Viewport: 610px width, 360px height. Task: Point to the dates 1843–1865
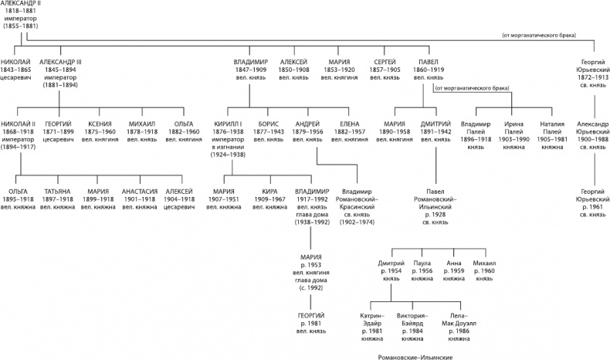[17, 67]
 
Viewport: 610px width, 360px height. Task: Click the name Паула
[423, 263]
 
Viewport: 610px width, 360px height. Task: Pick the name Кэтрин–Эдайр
[371, 319]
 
